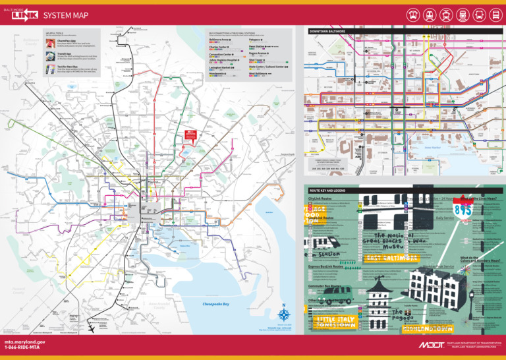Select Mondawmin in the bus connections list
218,74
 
